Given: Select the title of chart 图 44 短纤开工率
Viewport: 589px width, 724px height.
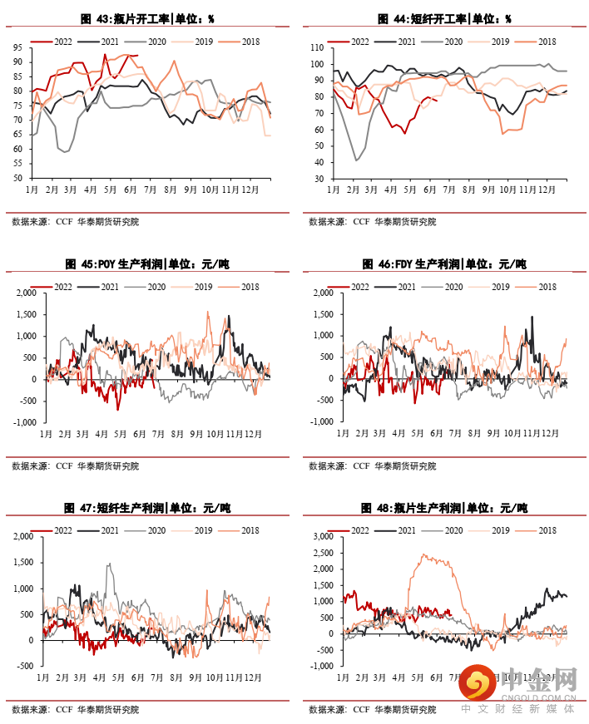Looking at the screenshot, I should click(x=444, y=19).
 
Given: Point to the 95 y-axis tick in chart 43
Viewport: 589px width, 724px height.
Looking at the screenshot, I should click(x=17, y=47).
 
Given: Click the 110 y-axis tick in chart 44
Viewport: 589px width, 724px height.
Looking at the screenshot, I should click(x=314, y=48).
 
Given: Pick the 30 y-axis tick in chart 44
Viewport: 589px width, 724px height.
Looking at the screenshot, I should click(x=317, y=178).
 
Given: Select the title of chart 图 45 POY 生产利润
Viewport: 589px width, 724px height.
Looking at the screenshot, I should click(x=146, y=264).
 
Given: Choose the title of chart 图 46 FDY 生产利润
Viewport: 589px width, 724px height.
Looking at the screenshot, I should click(x=444, y=264).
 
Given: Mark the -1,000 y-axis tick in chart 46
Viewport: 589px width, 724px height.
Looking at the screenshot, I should click(x=320, y=421).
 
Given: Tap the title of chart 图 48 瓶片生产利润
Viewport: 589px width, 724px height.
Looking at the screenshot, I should click(x=444, y=508).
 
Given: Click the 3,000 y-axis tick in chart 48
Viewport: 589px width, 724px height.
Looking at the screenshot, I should click(x=320, y=537).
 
